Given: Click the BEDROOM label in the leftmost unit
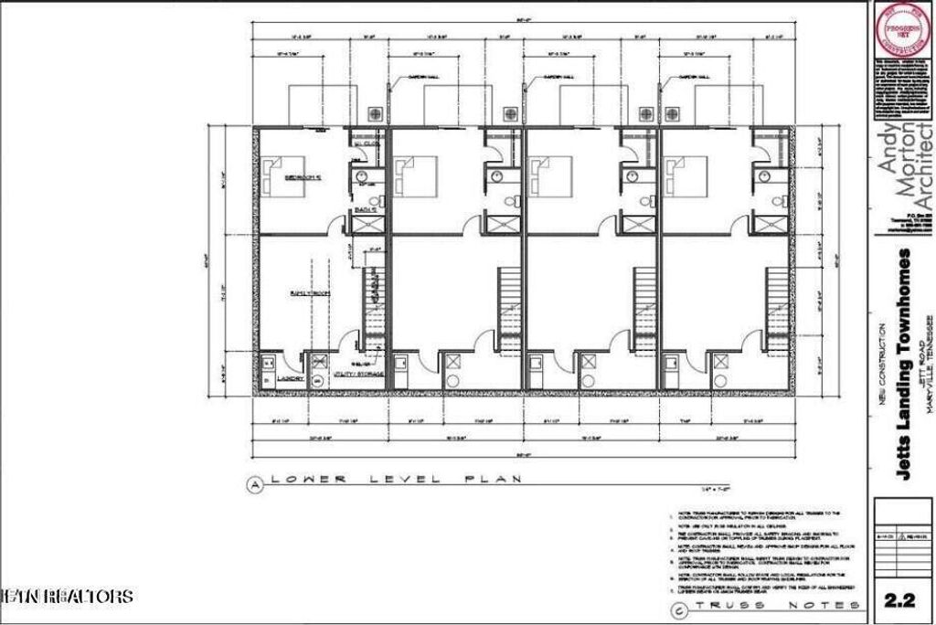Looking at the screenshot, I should pyautogui.click(x=301, y=176).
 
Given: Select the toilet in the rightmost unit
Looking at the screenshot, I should pyautogui.click(x=780, y=201).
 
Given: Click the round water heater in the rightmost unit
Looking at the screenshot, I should pyautogui.click(x=722, y=380).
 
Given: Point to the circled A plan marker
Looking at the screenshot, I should pyautogui.click(x=254, y=485).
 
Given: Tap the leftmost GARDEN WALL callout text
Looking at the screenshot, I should pyautogui.click(x=421, y=77).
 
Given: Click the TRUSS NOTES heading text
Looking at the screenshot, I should pyautogui.click(x=777, y=606).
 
